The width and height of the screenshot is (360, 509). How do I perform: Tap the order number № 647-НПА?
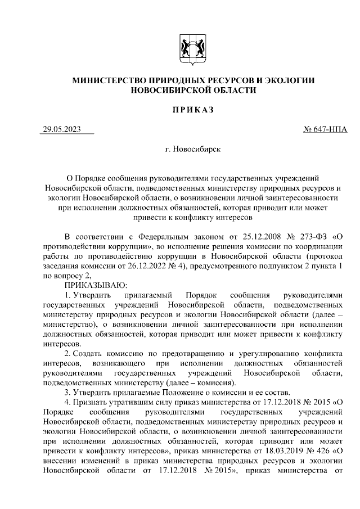click(x=325, y=130)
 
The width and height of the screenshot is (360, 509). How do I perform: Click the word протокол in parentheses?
click(x=326, y=256)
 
